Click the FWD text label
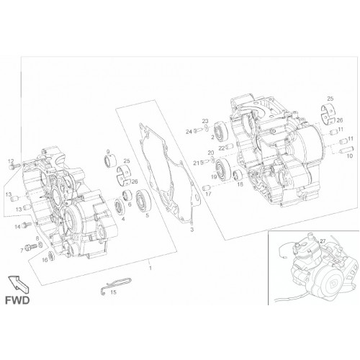17,300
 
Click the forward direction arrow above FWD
18,284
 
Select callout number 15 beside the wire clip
113,292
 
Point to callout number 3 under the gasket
192,230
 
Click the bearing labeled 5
143,201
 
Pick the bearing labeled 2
221,131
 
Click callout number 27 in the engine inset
323,241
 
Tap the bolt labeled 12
12,166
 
